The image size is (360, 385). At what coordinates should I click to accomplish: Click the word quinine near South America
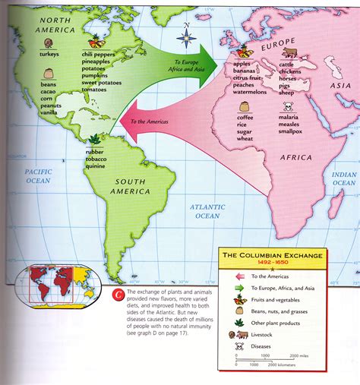pos(97,166)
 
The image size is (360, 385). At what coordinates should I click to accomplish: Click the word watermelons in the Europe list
pos(250,92)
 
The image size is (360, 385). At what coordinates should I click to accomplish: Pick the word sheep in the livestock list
pos(288,92)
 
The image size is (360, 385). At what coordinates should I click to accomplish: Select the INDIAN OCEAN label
pos(343,178)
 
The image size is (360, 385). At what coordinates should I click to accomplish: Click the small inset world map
pos(55,282)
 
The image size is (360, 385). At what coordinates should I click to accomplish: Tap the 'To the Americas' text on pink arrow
pos(150,121)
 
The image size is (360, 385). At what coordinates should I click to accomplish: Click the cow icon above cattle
pos(289,52)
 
